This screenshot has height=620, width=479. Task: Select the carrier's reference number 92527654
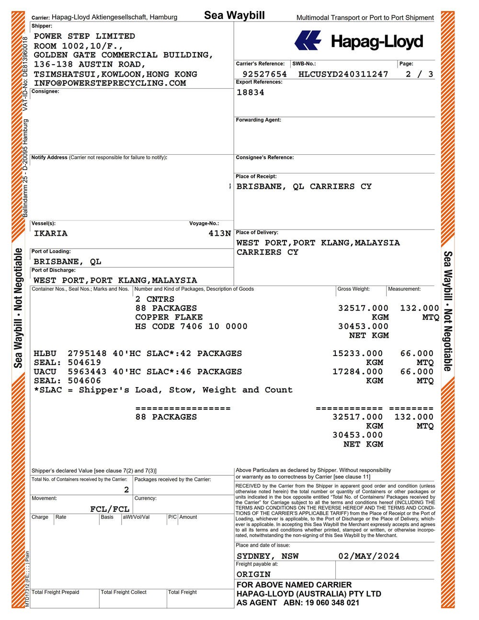(265, 74)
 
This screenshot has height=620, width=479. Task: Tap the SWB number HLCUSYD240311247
(343, 74)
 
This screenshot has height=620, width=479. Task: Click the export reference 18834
(251, 92)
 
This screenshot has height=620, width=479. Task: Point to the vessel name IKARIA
(51, 234)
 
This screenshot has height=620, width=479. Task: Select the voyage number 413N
(219, 234)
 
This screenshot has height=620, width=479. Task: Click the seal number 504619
(84, 363)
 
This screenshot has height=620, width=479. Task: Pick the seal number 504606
(84, 381)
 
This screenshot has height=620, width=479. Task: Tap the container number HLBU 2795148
(70, 354)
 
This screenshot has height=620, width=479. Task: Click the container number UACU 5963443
(70, 372)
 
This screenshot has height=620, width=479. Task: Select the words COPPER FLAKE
(169, 317)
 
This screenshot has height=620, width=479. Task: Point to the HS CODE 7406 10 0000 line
(191, 327)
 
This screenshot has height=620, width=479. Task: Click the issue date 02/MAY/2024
(368, 556)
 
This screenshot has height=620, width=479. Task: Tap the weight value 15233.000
(358, 354)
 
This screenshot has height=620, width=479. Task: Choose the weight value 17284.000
(358, 372)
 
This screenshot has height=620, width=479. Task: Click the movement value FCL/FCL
(110, 509)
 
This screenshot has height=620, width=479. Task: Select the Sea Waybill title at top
(234, 15)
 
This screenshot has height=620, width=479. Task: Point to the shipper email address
(110, 83)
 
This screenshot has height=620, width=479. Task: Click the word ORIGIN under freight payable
(253, 574)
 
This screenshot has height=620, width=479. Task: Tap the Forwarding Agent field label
(258, 120)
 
